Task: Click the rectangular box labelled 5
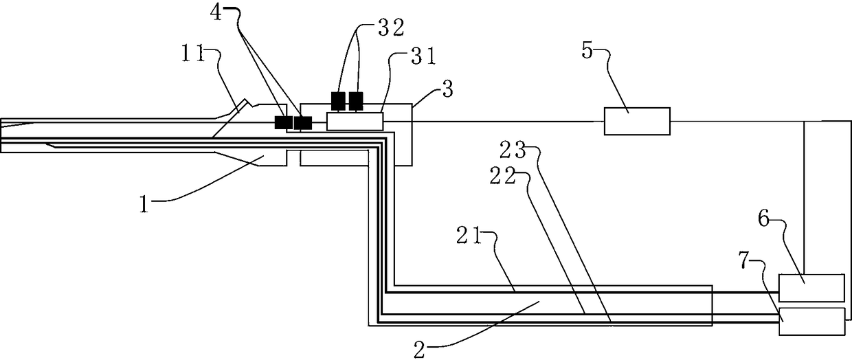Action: [x=636, y=121]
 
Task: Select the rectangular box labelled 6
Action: [x=811, y=287]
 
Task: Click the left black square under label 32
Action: [x=339, y=101]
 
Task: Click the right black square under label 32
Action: [x=356, y=101]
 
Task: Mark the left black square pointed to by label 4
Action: [x=282, y=122]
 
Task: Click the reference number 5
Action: [x=588, y=53]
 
